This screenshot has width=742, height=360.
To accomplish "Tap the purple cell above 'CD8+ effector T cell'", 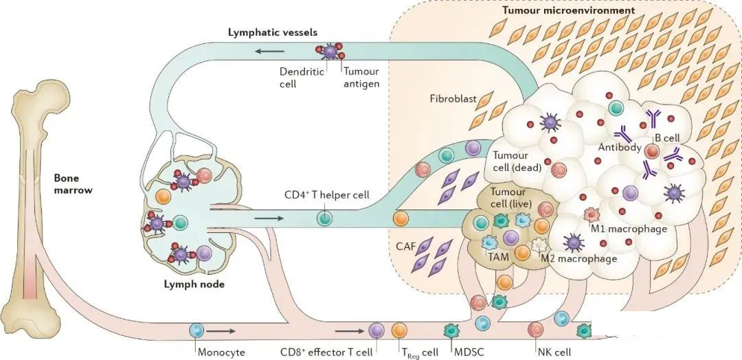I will point(376,330).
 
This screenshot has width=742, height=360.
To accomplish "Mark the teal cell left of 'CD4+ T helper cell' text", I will point(324,219).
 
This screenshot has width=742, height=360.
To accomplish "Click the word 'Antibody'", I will point(620,147).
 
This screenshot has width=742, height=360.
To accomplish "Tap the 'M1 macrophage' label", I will point(629,229).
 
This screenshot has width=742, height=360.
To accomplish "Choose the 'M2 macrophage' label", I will point(579,258).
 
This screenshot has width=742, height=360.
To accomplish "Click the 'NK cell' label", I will point(554,352).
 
